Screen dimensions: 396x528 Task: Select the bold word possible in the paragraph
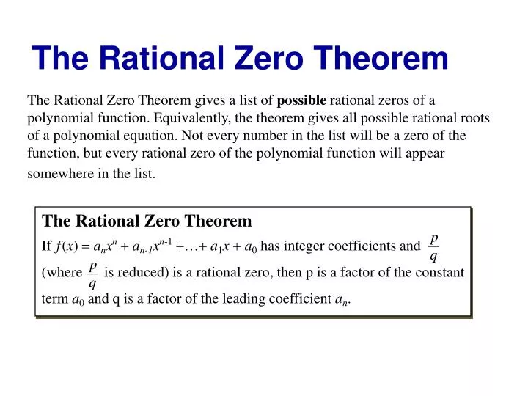click(302, 100)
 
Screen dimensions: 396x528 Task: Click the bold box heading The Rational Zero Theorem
click(147, 221)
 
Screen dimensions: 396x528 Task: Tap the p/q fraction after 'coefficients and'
click(434, 247)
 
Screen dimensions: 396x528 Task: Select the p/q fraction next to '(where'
click(92, 274)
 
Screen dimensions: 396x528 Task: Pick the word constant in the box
click(439, 273)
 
